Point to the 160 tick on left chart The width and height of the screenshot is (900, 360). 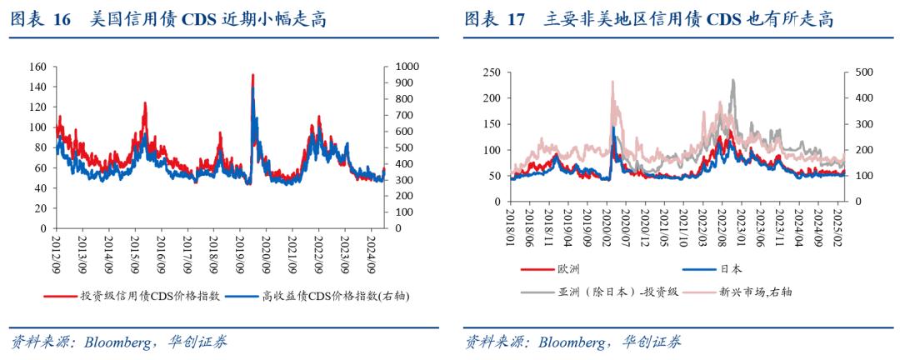pyautogui.click(x=36, y=67)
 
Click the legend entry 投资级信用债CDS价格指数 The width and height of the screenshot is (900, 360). pyautogui.click(x=150, y=295)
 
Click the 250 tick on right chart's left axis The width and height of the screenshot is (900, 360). pyautogui.click(x=491, y=72)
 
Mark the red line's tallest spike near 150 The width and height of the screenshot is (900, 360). pyautogui.click(x=252, y=75)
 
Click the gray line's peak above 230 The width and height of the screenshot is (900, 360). pyautogui.click(x=733, y=80)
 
